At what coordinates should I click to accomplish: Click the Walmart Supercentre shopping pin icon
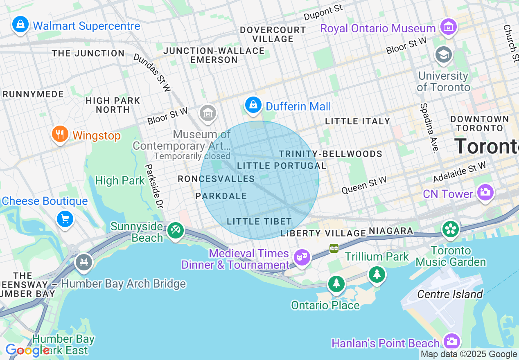coord(20,25)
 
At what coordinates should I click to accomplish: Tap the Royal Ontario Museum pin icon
coord(449,27)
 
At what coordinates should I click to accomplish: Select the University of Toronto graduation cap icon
coord(443,55)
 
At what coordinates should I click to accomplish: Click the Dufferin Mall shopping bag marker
coord(254,105)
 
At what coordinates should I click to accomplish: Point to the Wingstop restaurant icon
coord(60,134)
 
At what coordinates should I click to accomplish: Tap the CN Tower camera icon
coord(485,192)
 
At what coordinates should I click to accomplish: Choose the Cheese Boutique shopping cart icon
coord(65,219)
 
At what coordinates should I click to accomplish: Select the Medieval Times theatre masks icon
coord(302,257)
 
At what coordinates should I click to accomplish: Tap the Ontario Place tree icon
coord(336,283)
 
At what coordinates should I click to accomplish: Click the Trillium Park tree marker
coord(377,274)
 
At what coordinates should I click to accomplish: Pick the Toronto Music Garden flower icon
coord(451,229)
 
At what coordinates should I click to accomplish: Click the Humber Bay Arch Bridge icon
coord(84,261)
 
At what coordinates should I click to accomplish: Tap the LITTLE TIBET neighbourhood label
coord(259,221)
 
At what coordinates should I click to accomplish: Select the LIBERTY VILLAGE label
coord(323,233)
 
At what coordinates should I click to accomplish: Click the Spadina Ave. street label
coord(428,128)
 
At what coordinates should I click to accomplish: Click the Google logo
coord(26,351)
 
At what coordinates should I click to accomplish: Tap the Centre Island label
coord(450,294)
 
